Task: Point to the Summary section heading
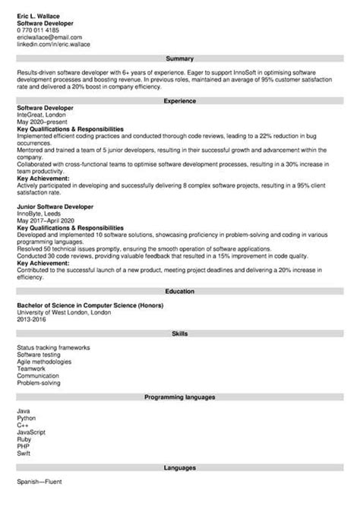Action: (180, 58)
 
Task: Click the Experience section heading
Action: (180, 101)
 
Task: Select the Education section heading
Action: (180, 270)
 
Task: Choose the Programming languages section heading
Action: (180, 397)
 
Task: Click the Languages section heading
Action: (180, 468)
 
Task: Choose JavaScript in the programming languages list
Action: (31, 432)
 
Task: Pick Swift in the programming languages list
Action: (24, 453)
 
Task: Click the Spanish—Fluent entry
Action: (39, 482)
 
